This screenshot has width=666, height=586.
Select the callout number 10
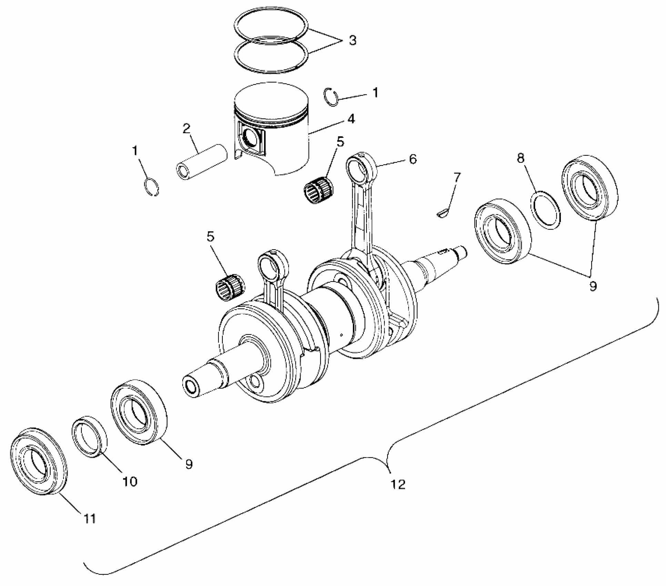[x=129, y=481]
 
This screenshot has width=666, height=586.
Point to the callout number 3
[x=352, y=41]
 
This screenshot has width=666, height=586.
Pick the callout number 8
[x=520, y=158]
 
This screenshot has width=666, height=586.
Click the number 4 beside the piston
[x=351, y=119]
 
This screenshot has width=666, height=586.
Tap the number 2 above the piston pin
[x=186, y=129]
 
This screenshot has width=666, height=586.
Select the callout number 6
[x=412, y=159]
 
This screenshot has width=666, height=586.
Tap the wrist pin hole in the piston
[x=250, y=139]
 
